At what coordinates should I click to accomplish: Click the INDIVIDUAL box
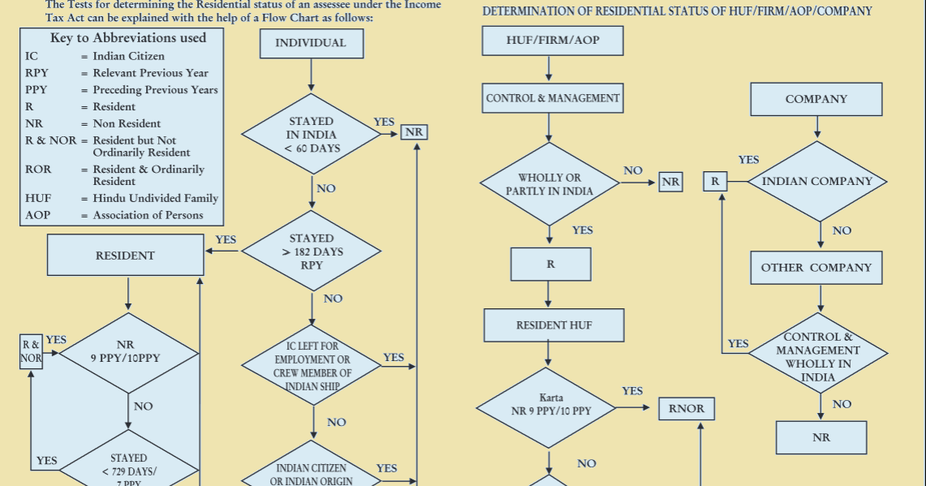(311, 43)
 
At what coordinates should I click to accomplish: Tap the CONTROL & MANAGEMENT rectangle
(553, 98)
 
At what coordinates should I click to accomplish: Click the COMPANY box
(816, 99)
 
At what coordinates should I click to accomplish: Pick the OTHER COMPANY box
(816, 268)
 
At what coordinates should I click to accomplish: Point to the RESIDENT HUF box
(553, 325)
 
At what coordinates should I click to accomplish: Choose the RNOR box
(687, 408)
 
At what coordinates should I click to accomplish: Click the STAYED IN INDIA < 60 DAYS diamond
(312, 135)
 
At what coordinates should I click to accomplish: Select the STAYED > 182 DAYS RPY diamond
(312, 252)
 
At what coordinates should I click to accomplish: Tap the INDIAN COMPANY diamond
(816, 182)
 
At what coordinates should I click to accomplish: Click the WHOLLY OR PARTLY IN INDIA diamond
(549, 184)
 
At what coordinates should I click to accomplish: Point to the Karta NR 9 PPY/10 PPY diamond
(550, 405)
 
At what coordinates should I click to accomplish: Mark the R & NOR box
(32, 351)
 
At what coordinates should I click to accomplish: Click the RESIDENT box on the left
(125, 256)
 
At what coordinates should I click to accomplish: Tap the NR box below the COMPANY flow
(820, 437)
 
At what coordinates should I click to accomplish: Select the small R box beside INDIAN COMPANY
(714, 182)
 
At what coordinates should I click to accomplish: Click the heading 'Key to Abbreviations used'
(128, 38)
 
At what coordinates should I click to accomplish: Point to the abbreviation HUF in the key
(38, 198)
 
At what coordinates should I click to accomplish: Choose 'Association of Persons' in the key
(149, 215)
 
